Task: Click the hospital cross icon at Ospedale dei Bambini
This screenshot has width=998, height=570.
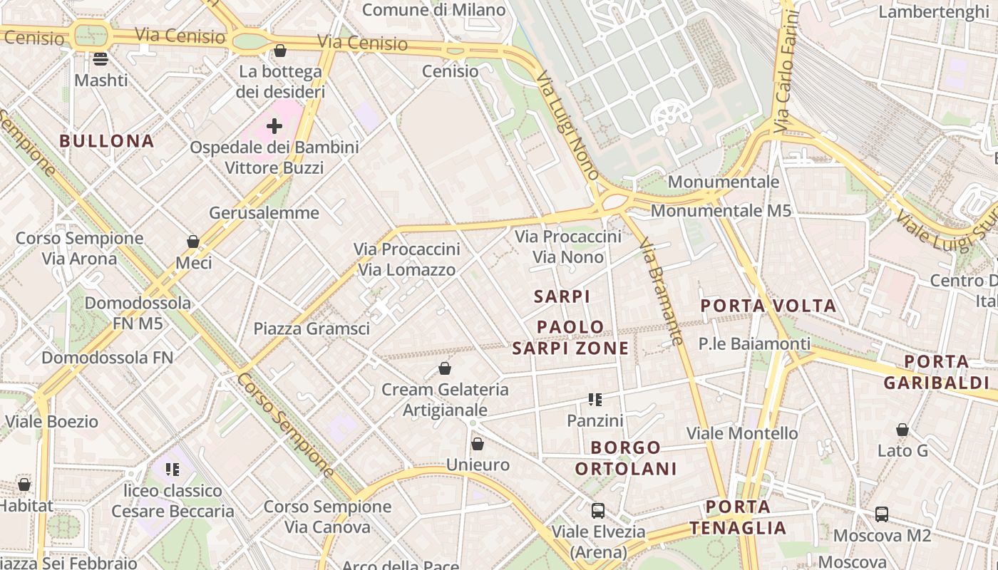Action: pos(274,126)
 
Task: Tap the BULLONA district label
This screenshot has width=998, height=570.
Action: pos(107,141)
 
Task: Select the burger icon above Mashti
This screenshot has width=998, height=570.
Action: pos(101,59)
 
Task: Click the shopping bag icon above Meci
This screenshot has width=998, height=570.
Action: pos(193,242)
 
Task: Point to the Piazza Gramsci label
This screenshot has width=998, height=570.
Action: pos(312,328)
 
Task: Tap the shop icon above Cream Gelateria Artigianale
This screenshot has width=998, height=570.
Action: pos(445,368)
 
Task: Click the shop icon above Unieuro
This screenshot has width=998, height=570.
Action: pos(478,444)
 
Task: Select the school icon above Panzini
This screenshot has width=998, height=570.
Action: pos(595,400)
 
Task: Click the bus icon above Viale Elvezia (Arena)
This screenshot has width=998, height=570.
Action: pos(598,510)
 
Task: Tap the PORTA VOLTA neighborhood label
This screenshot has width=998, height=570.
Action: pos(768,306)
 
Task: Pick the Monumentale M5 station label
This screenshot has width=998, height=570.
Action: pos(721,211)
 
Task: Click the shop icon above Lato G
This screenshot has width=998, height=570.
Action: pos(902,430)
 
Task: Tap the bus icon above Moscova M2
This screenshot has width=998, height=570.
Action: pos(882,514)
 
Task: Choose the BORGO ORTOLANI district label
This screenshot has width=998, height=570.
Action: pos(626,458)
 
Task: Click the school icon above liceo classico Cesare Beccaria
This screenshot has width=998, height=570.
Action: pos(173,470)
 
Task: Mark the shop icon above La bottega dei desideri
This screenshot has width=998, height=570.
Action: pos(280,51)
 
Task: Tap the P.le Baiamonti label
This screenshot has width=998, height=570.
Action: pos(754,344)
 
